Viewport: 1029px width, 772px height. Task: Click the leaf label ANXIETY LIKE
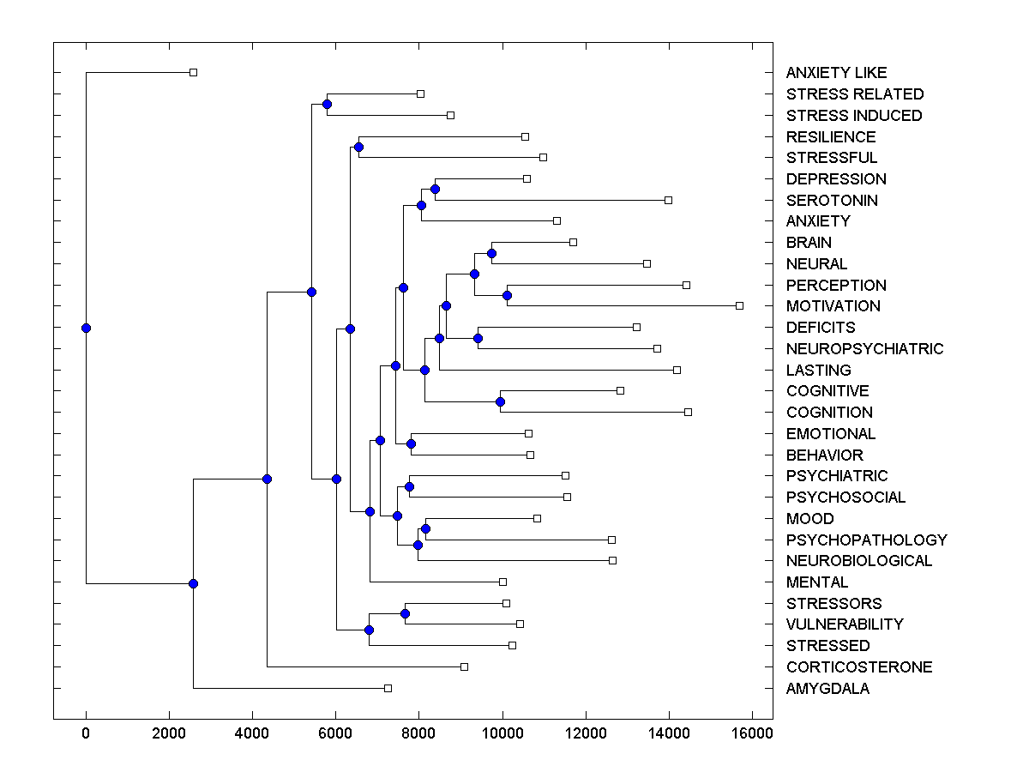[836, 73]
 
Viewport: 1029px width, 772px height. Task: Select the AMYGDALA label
[827, 689]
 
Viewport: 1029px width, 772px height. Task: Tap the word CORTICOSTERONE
[859, 667]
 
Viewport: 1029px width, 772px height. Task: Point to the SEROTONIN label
[832, 201]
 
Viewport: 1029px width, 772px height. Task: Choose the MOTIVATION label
[833, 306]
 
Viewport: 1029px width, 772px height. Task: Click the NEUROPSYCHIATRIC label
[864, 349]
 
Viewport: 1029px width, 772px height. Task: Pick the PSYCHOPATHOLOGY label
[866, 540]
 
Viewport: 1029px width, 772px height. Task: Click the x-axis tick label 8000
[419, 733]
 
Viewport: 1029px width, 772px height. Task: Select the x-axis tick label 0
[86, 733]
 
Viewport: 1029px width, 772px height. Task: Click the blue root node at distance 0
[86, 328]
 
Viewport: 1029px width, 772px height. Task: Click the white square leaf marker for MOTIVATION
[739, 305]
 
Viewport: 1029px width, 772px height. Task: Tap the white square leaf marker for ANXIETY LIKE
[193, 73]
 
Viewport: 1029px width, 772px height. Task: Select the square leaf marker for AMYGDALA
[388, 688]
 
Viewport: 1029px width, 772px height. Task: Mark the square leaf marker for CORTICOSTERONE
[464, 666]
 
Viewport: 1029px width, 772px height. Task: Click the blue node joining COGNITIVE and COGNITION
[500, 401]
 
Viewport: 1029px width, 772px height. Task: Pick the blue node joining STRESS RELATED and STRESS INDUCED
[327, 104]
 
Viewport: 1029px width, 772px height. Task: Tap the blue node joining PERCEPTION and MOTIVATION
[507, 295]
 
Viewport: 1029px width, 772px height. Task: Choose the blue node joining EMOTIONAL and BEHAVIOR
[411, 443]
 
